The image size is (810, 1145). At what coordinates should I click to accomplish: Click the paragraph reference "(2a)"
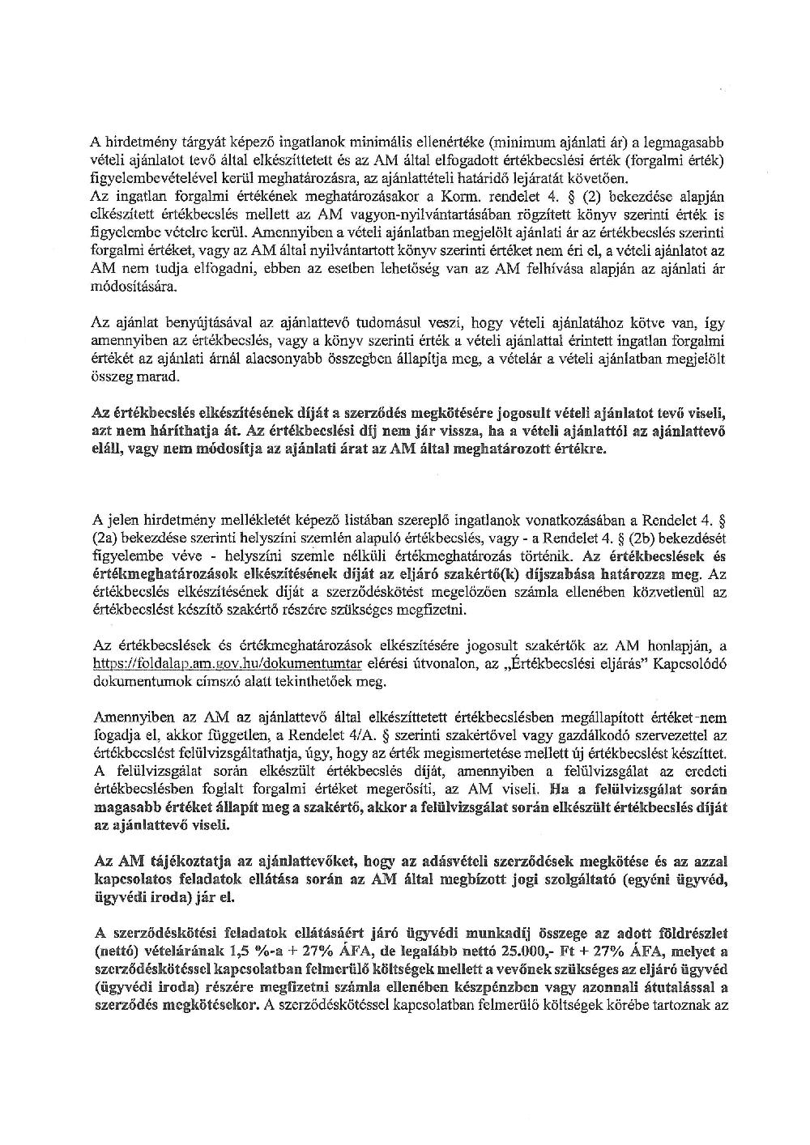point(107,536)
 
